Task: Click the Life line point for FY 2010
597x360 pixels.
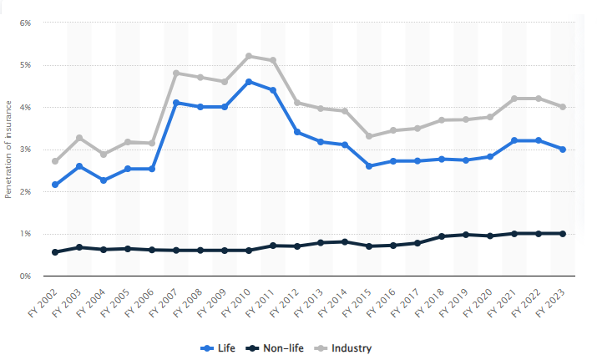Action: (x=249, y=82)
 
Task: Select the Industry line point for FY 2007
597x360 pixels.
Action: (x=176, y=74)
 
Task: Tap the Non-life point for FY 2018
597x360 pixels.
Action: (x=442, y=236)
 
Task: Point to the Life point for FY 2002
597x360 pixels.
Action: (x=55, y=185)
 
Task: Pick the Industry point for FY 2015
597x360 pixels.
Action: (x=369, y=136)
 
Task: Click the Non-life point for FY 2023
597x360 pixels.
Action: (x=563, y=234)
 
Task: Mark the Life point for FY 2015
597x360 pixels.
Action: (x=369, y=166)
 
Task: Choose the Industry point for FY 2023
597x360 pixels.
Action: (x=563, y=107)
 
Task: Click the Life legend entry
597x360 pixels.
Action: (x=218, y=347)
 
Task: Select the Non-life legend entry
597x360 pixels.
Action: (x=271, y=347)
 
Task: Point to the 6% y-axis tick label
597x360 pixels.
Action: (x=25, y=23)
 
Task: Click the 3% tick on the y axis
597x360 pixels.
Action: (x=25, y=150)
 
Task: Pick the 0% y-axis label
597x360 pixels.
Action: (x=25, y=276)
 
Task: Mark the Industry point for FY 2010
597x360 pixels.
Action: (x=249, y=56)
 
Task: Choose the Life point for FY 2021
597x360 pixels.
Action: (x=514, y=140)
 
